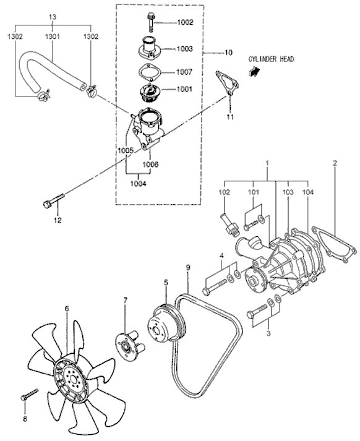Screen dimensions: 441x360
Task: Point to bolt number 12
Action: [53, 202]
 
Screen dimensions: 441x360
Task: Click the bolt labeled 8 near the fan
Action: [28, 394]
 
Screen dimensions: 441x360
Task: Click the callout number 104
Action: [307, 193]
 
